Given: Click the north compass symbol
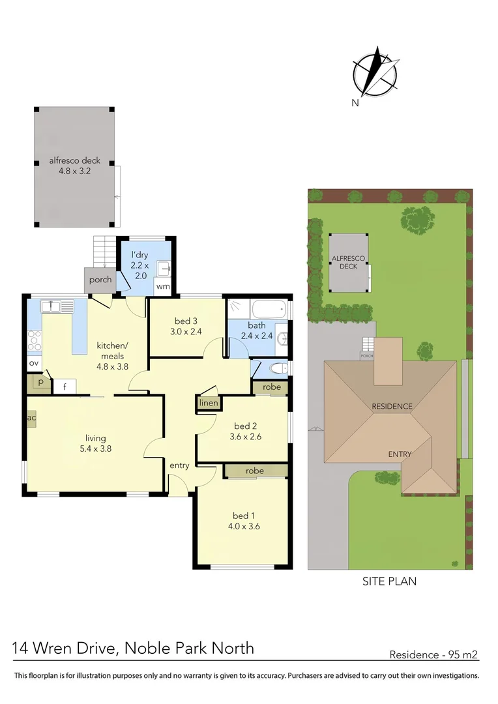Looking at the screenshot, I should (x=375, y=73).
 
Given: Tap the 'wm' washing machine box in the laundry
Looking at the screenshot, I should (x=163, y=286).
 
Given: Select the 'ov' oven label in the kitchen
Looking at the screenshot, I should (x=33, y=362).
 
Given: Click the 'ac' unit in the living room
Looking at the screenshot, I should (x=31, y=417).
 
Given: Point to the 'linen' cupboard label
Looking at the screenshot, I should (x=209, y=403).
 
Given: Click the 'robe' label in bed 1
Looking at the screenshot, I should (x=255, y=471).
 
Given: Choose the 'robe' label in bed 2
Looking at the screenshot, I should (x=271, y=387).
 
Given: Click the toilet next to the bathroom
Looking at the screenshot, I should (x=278, y=369).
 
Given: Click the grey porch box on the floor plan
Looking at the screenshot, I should (x=100, y=280).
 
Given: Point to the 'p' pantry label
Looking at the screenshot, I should (x=40, y=383).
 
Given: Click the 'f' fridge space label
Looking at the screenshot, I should (x=65, y=387).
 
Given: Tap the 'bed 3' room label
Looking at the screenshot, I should (x=186, y=321).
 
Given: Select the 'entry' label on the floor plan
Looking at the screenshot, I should (x=179, y=465).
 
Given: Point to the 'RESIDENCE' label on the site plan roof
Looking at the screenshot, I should (x=392, y=406).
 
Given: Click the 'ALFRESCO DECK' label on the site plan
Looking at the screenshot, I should (x=349, y=262).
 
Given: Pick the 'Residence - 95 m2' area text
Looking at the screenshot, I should (x=434, y=654).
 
